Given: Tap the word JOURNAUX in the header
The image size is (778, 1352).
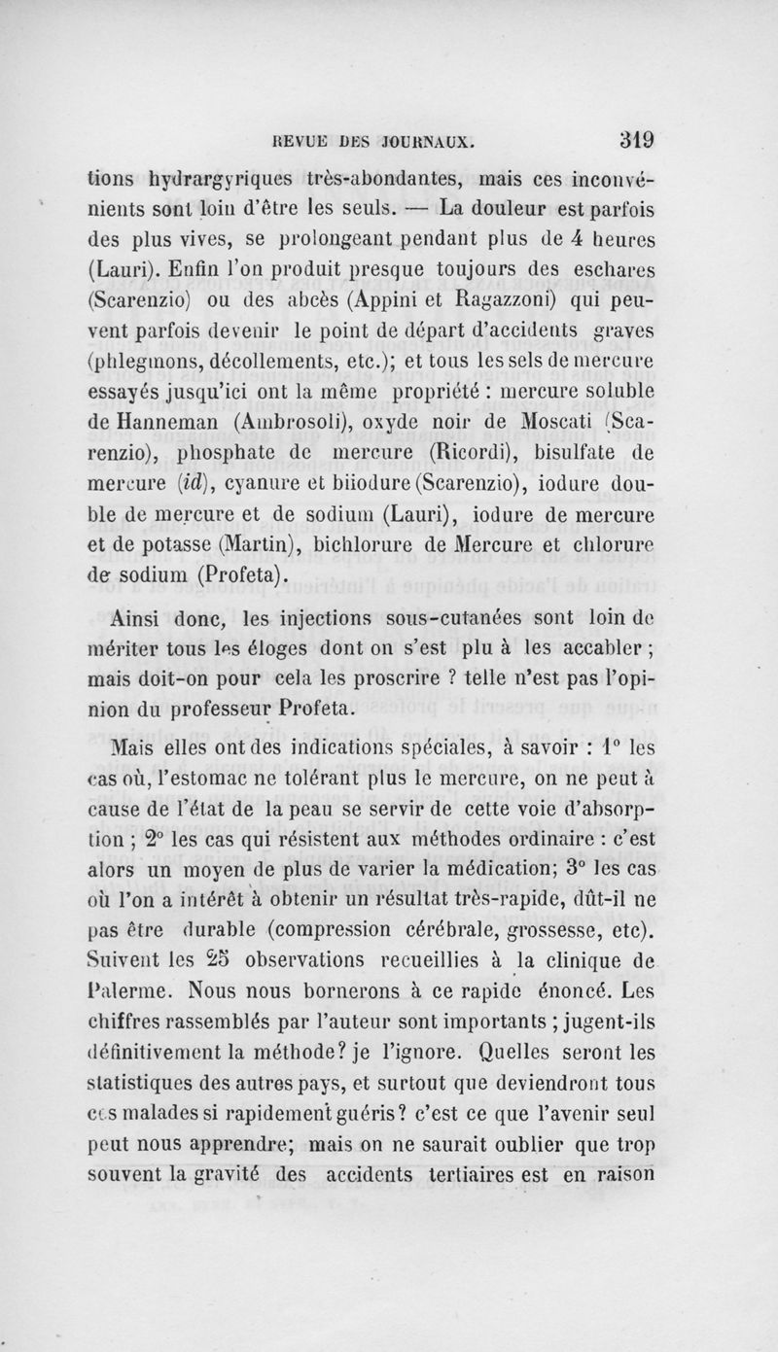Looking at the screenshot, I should [x=425, y=140].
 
